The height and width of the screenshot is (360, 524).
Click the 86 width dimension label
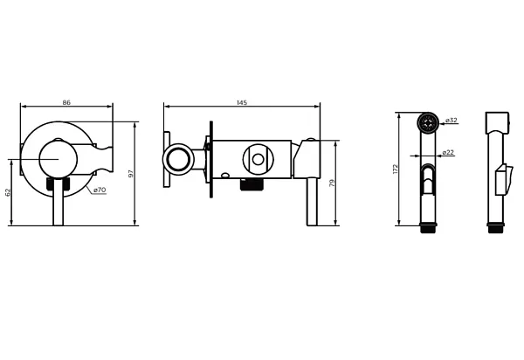point(66,102)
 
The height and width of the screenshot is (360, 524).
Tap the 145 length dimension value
point(242,102)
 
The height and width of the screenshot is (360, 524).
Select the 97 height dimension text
point(131,174)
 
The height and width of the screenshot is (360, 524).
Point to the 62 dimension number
point(8,192)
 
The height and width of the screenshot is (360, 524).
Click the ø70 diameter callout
point(100,190)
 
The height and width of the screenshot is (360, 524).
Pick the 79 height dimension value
point(332,183)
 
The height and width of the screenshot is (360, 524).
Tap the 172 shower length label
point(396,169)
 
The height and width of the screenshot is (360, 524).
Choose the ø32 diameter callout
point(452,120)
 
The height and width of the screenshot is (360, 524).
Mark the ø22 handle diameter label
point(448,152)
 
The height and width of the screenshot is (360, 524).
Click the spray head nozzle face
point(428,122)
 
